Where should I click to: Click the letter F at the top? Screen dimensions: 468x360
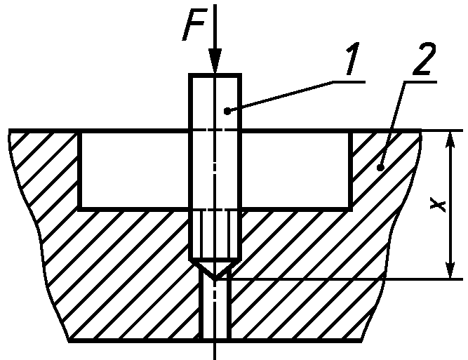(194, 25)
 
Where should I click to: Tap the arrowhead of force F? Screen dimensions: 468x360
(215, 60)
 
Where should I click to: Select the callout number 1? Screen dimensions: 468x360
(352, 58)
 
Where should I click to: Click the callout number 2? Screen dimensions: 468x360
(424, 58)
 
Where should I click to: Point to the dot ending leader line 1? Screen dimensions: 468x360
(227, 111)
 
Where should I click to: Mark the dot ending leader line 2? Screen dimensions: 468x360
(380, 168)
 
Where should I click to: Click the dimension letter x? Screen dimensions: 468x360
(438, 205)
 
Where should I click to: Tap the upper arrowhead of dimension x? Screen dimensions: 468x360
(450, 140)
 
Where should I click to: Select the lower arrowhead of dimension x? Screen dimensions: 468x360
(450, 270)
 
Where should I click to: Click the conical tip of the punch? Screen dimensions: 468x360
(215, 270)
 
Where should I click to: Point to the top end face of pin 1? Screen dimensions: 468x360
(215, 75)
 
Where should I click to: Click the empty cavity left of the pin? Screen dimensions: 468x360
(135, 170)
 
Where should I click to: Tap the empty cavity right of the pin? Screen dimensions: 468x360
(295, 170)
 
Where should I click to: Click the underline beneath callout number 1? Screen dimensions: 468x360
(349, 81)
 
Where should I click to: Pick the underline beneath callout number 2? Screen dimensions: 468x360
(420, 81)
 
